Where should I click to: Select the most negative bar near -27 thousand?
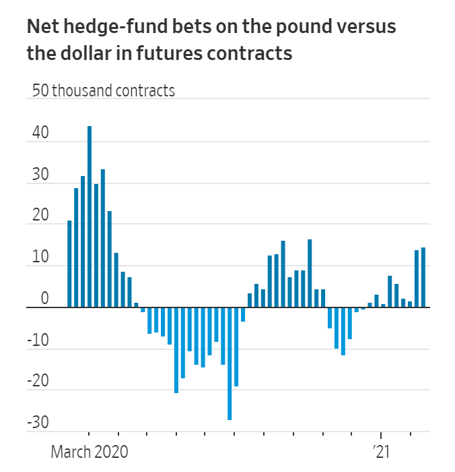[230, 364]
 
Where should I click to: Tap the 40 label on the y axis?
[40, 134]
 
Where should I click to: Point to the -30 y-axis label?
[38, 423]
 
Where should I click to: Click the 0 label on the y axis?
[44, 299]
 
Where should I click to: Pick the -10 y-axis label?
[38, 341]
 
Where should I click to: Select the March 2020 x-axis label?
[89, 451]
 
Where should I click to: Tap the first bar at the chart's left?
[69, 264]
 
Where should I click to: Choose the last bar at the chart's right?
[423, 277]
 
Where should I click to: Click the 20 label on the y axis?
[40, 216]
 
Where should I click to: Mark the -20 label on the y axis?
[38, 382]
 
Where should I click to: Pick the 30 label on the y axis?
[40, 175]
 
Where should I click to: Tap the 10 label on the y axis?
[40, 258]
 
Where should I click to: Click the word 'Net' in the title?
[42, 28]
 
